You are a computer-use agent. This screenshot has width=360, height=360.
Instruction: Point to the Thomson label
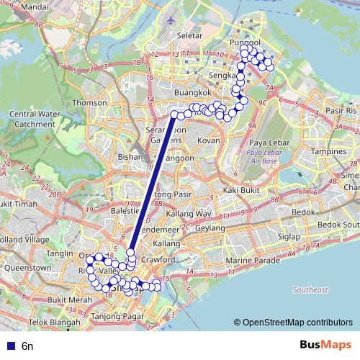89,102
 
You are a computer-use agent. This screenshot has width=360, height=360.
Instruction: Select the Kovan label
208,140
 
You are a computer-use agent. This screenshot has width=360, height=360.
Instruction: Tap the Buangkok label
192,93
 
